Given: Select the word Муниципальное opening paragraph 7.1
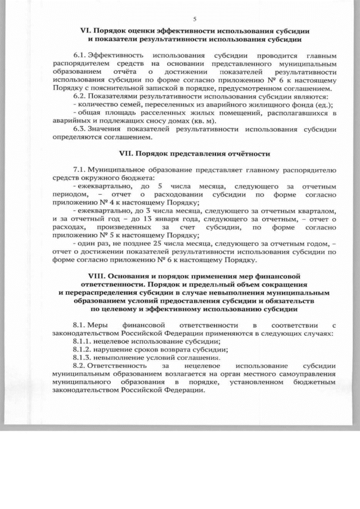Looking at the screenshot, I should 118,169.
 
